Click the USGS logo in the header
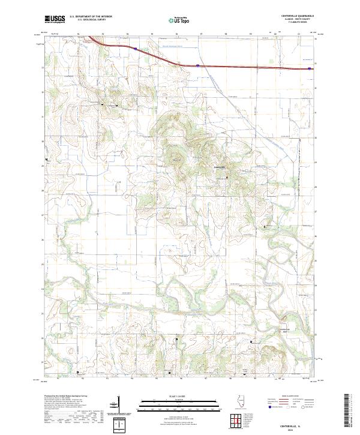tap(55, 19)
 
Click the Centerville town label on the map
tap(220, 166)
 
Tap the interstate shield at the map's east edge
tap(309, 69)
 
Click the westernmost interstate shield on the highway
tap(136, 50)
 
